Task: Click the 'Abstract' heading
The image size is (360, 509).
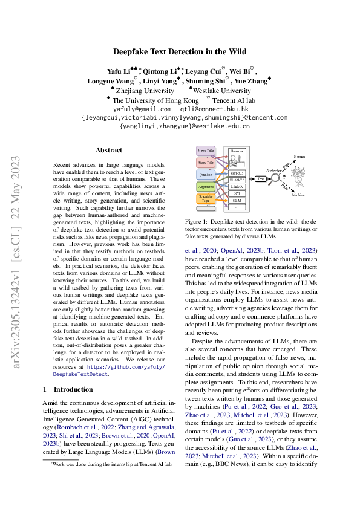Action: tap(109, 150)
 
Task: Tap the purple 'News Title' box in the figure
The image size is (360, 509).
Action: tap(206, 150)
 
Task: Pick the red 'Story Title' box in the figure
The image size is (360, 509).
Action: tap(206, 162)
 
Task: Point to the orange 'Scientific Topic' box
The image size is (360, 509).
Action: tap(206, 199)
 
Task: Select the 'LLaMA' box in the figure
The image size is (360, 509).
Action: tap(237, 188)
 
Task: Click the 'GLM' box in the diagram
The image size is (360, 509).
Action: tap(237, 200)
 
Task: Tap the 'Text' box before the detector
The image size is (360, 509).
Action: tap(261, 179)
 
